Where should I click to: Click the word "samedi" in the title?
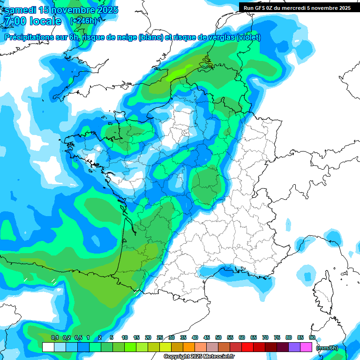click(21, 9)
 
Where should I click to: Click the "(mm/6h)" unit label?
click(327, 348)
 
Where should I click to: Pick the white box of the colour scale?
click(48, 347)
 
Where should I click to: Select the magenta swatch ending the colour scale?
click(306, 347)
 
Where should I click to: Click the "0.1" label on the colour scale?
click(54, 337)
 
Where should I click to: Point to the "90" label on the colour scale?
click(312, 337)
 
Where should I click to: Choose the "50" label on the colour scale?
click(218, 337)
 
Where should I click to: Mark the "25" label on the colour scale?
click(160, 337)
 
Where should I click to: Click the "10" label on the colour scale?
click(125, 337)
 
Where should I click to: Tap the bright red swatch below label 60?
click(247, 347)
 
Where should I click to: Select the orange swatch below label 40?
click(189, 347)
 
